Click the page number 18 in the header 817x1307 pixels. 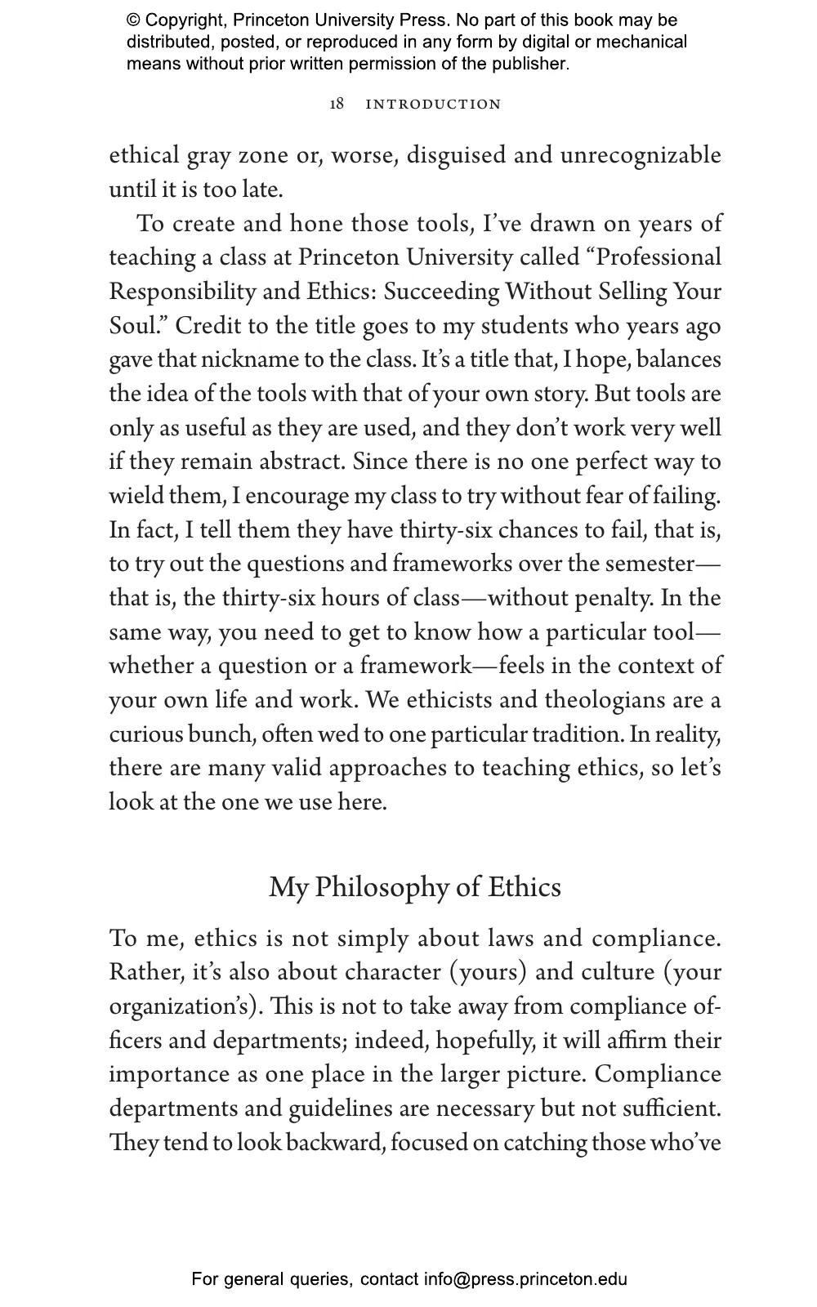(337, 104)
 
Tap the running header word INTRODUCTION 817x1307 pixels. (433, 105)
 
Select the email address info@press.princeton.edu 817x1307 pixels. (525, 1279)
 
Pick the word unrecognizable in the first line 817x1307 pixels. (641, 155)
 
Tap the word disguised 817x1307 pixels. (456, 155)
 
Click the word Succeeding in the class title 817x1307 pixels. (441, 292)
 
